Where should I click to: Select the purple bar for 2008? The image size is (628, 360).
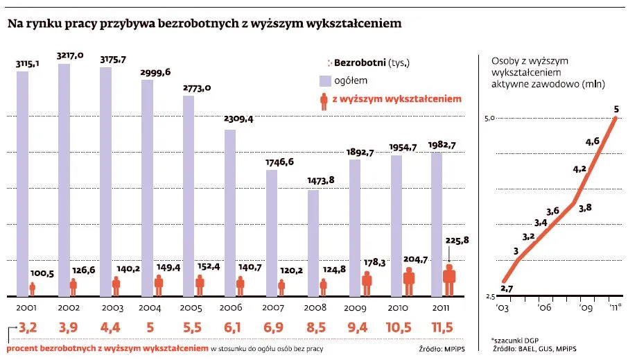click(313, 242)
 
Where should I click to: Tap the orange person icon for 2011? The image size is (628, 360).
click(450, 281)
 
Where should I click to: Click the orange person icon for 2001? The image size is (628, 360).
click(32, 289)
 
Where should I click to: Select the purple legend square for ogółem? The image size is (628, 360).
click(324, 81)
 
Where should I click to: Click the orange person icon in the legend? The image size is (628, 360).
click(323, 101)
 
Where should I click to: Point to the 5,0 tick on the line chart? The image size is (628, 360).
click(488, 119)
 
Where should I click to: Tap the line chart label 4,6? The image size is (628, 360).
click(592, 142)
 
